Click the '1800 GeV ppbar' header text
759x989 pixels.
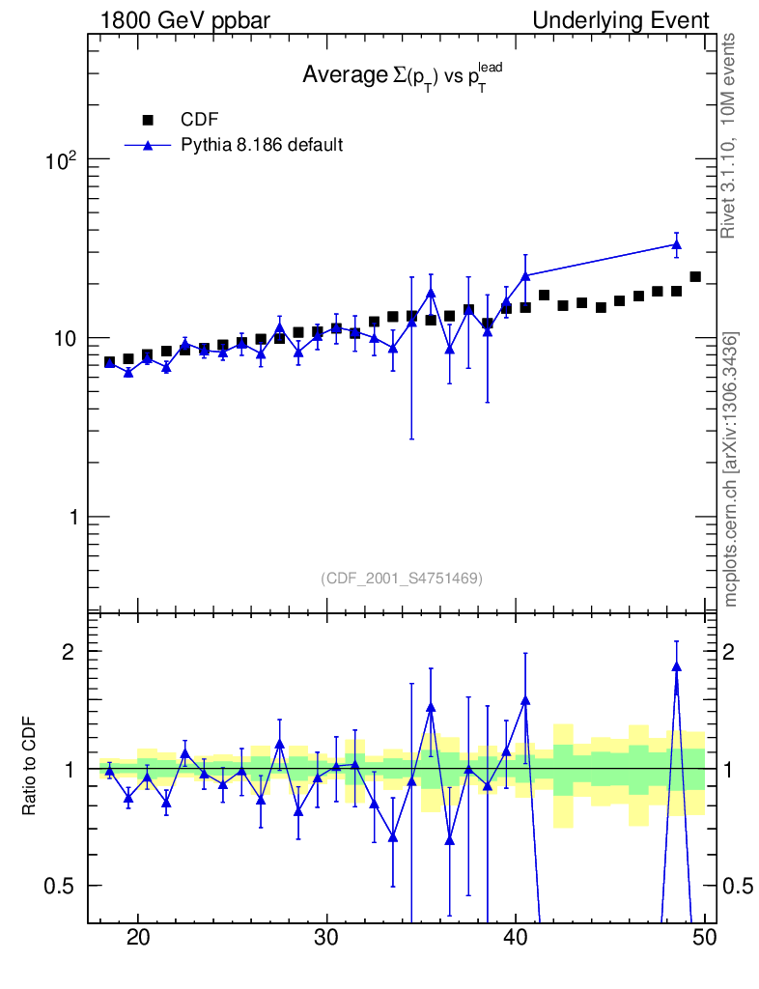tap(186, 20)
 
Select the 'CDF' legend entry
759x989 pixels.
tap(200, 120)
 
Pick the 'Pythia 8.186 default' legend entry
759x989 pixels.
tap(263, 145)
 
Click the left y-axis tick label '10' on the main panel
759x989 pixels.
tap(66, 339)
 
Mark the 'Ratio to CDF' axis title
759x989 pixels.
tap(30, 768)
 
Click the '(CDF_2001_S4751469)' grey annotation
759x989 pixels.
tap(402, 578)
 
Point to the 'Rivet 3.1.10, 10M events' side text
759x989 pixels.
tap(731, 135)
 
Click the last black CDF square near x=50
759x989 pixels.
tap(695, 277)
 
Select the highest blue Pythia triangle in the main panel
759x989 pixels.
tap(676, 244)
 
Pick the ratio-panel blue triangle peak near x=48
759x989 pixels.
tap(676, 665)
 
